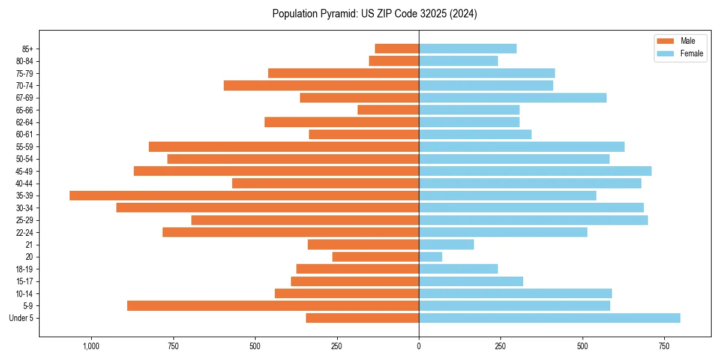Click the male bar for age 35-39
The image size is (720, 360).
point(244,196)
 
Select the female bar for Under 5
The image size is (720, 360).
point(549,318)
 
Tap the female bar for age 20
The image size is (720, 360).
point(430,257)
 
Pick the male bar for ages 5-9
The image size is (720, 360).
point(272,306)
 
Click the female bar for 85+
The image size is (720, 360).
point(467,49)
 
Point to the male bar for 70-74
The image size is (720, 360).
point(321,86)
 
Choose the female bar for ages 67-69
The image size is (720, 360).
point(512,98)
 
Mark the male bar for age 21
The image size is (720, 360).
point(363,245)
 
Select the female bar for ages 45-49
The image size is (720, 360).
point(535,171)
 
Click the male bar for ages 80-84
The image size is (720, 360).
point(394,61)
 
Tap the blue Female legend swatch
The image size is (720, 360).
point(665,53)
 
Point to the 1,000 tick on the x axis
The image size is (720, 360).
point(91,346)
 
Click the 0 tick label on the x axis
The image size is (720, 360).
point(419,346)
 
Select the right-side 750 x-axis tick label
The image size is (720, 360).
point(664,346)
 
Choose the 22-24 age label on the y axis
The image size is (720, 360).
point(25,233)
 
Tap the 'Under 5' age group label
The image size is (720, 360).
point(21,318)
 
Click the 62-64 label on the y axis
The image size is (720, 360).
point(25,122)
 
